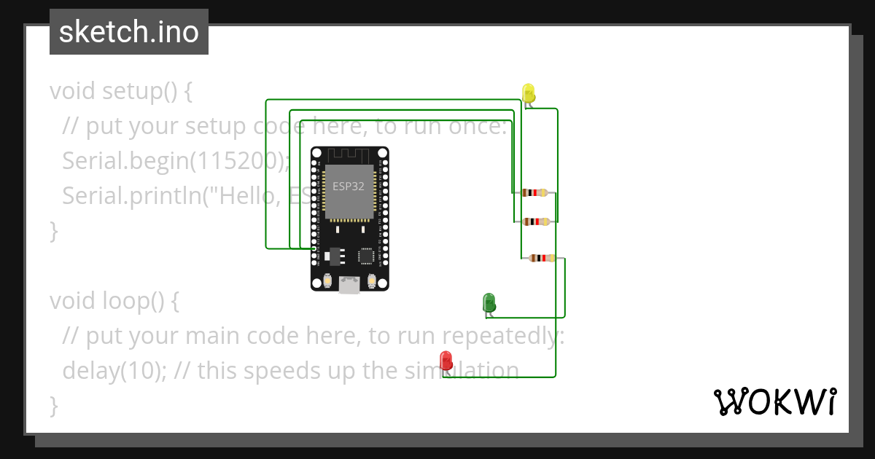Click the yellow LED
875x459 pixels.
coord(529,93)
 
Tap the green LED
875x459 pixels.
coord(489,302)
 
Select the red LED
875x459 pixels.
coord(446,360)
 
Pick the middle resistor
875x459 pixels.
coord(536,221)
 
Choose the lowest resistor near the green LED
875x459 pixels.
coord(542,257)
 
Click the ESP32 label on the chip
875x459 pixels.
coord(348,186)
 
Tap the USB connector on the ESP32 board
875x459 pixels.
coord(349,285)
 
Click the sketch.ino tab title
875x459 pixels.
coord(129,32)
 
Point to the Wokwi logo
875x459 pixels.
coord(774,402)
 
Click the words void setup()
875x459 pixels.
coord(120,91)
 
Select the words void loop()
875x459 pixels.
coord(113,300)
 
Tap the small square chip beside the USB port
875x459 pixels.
coord(367,256)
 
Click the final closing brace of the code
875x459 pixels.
coord(53,405)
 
